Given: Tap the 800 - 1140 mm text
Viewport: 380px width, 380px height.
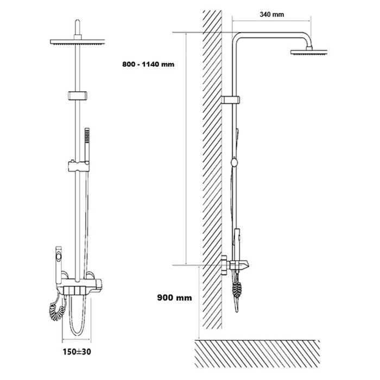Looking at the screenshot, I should [x=149, y=64].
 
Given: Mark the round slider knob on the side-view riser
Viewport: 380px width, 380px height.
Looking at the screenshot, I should [x=234, y=161].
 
